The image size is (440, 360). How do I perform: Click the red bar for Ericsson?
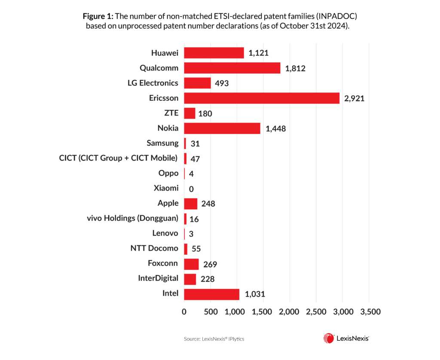click(261, 98)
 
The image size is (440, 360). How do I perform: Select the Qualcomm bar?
click(232, 68)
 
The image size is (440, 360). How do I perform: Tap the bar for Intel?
click(211, 294)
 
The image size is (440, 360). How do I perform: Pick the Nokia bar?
click(222, 128)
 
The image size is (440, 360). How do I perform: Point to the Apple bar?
click(190, 204)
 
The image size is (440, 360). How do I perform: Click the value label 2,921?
click(354, 99)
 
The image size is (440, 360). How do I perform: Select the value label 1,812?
click(295, 68)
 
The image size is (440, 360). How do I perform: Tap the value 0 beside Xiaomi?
click(191, 189)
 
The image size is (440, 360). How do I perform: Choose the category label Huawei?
click(165, 53)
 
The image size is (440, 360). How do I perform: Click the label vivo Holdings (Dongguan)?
click(132, 219)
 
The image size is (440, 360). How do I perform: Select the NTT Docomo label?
click(154, 249)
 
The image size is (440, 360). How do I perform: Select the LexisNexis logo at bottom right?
click(346, 339)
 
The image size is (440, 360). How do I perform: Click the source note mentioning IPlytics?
click(214, 339)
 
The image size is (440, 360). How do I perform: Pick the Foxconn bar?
click(191, 264)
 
